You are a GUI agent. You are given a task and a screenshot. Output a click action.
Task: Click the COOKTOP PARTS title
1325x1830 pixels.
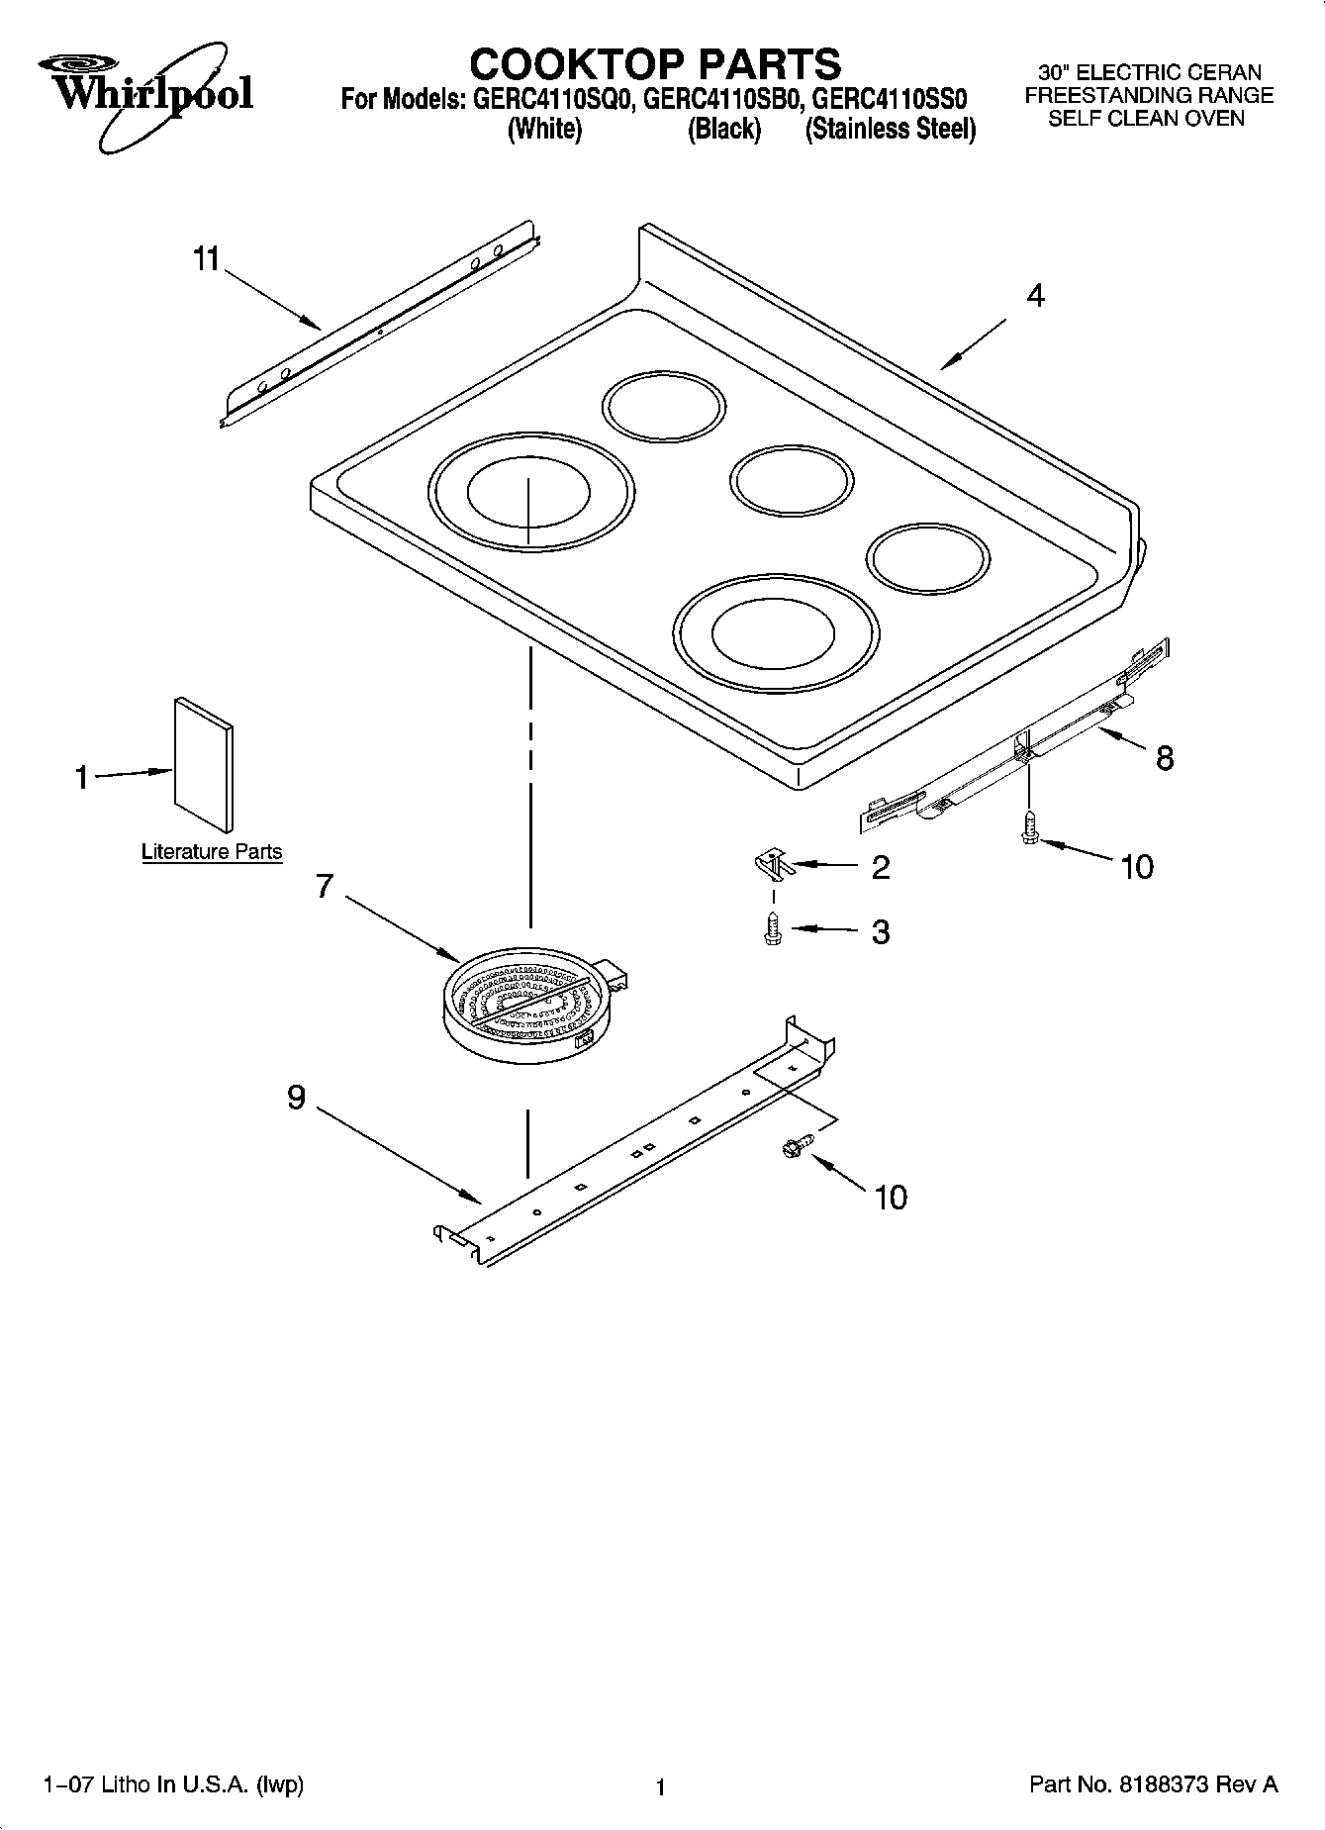point(655,64)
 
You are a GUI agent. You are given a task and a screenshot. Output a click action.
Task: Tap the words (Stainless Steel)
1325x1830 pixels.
point(890,130)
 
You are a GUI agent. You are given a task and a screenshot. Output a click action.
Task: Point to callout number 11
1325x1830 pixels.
point(206,259)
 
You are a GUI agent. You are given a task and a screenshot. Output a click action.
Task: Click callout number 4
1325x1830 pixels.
point(1035,295)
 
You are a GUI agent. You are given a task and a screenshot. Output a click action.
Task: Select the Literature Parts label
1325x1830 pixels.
point(212,851)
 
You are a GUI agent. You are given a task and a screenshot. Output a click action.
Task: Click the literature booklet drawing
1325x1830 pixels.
point(205,763)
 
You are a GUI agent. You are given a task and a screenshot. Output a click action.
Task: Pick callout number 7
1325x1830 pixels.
point(325,886)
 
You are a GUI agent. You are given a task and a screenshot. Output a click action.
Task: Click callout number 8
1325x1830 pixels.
point(1165,758)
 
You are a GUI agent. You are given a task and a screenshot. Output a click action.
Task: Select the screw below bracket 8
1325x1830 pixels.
point(1028,827)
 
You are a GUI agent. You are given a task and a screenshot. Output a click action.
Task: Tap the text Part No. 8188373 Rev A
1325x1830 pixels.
point(1154,1784)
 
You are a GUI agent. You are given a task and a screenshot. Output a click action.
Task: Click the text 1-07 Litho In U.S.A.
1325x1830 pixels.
point(174,1784)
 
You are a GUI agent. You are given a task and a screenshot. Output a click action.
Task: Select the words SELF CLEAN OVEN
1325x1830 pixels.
point(1146,119)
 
